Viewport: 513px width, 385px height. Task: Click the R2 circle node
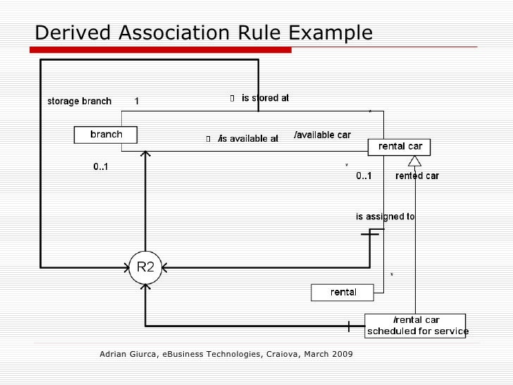[x=145, y=267]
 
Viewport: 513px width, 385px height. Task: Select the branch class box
[x=106, y=135]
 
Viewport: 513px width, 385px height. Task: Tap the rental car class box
[x=400, y=147]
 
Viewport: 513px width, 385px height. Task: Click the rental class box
[x=343, y=292]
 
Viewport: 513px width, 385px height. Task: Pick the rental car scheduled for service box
[x=416, y=326]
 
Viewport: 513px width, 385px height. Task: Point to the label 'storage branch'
[x=79, y=101]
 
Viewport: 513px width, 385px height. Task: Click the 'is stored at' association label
[x=265, y=99]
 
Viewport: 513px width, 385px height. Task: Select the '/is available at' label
[x=248, y=139]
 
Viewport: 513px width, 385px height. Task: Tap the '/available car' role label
[x=322, y=135]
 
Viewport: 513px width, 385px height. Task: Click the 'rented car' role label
[x=417, y=176]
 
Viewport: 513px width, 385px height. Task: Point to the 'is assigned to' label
[x=385, y=217]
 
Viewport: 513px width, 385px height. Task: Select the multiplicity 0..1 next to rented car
[x=364, y=176]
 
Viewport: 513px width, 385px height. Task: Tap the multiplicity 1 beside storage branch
[x=137, y=101]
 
